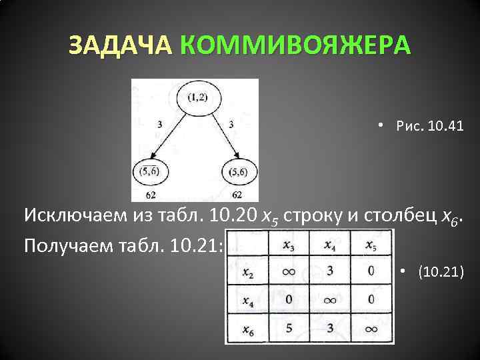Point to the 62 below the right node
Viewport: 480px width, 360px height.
(237, 195)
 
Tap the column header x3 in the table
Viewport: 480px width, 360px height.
(288, 245)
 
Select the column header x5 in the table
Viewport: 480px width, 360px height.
(371, 245)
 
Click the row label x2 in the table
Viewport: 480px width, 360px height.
(247, 272)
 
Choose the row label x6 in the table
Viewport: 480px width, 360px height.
(247, 329)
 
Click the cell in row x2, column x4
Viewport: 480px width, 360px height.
(330, 271)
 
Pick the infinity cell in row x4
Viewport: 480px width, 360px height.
(330, 300)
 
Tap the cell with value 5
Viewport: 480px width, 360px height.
(288, 328)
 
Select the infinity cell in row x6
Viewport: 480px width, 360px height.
(371, 328)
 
